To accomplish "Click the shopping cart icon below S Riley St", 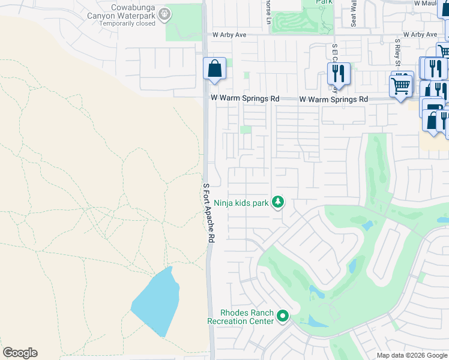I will click(400, 85).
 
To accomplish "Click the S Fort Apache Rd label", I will click(208, 212).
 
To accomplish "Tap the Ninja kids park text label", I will click(241, 203).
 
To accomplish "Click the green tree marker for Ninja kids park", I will click(277, 203).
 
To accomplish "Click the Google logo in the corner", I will click(20, 353).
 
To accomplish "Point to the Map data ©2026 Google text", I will click(411, 355).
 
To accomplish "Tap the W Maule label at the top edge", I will click(431, 4).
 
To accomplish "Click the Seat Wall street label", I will click(354, 13).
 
